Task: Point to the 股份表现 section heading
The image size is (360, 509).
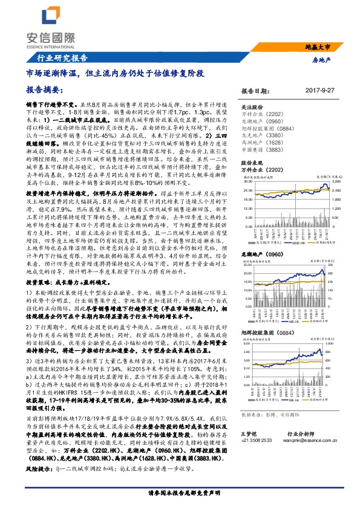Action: (253, 163)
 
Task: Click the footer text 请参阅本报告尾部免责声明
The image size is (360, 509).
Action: (180, 493)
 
